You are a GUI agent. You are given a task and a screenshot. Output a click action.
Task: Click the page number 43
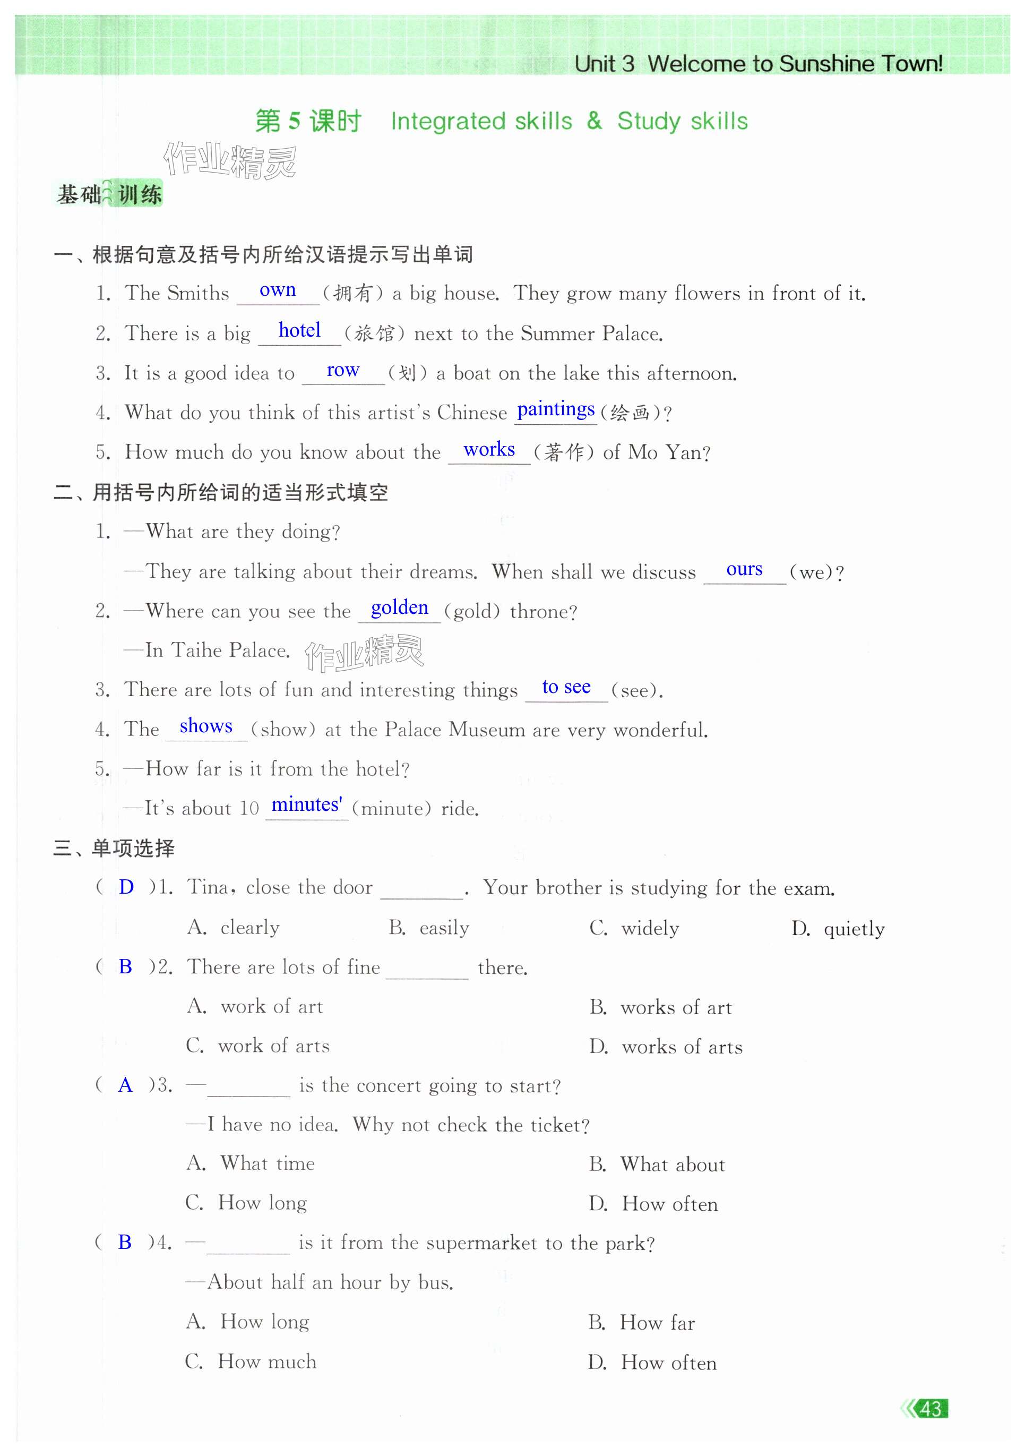(x=930, y=1409)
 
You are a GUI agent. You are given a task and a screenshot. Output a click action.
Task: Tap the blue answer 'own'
(x=278, y=290)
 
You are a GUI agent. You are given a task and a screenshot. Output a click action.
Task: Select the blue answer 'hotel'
(x=299, y=330)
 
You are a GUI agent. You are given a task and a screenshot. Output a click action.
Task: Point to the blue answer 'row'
(x=343, y=370)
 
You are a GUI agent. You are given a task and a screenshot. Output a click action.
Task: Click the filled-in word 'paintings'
(x=555, y=409)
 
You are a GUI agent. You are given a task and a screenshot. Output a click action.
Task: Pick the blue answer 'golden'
(x=399, y=607)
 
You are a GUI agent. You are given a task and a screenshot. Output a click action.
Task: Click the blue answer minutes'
(x=307, y=805)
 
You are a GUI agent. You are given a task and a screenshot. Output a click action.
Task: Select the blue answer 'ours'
(x=744, y=569)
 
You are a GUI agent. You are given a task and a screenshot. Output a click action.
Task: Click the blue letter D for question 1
(x=126, y=887)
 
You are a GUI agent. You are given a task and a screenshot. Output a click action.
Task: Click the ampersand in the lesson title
(x=594, y=121)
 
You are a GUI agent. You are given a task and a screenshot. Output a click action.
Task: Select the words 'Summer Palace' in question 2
(x=599, y=333)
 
